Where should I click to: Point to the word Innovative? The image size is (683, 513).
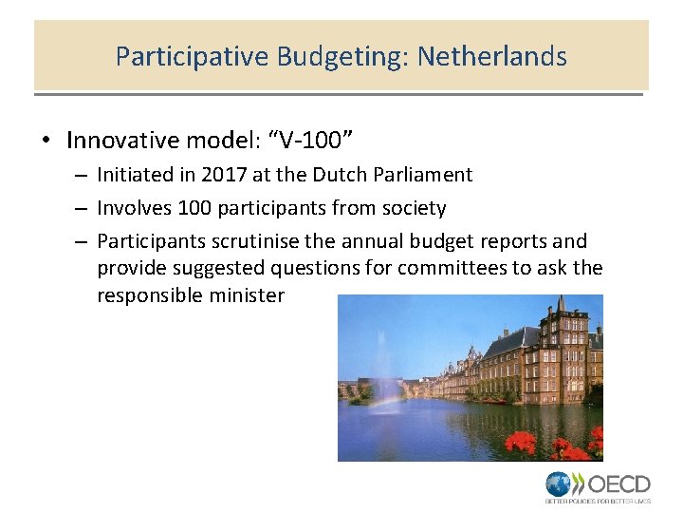tap(122, 142)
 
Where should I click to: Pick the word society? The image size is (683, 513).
tap(414, 208)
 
